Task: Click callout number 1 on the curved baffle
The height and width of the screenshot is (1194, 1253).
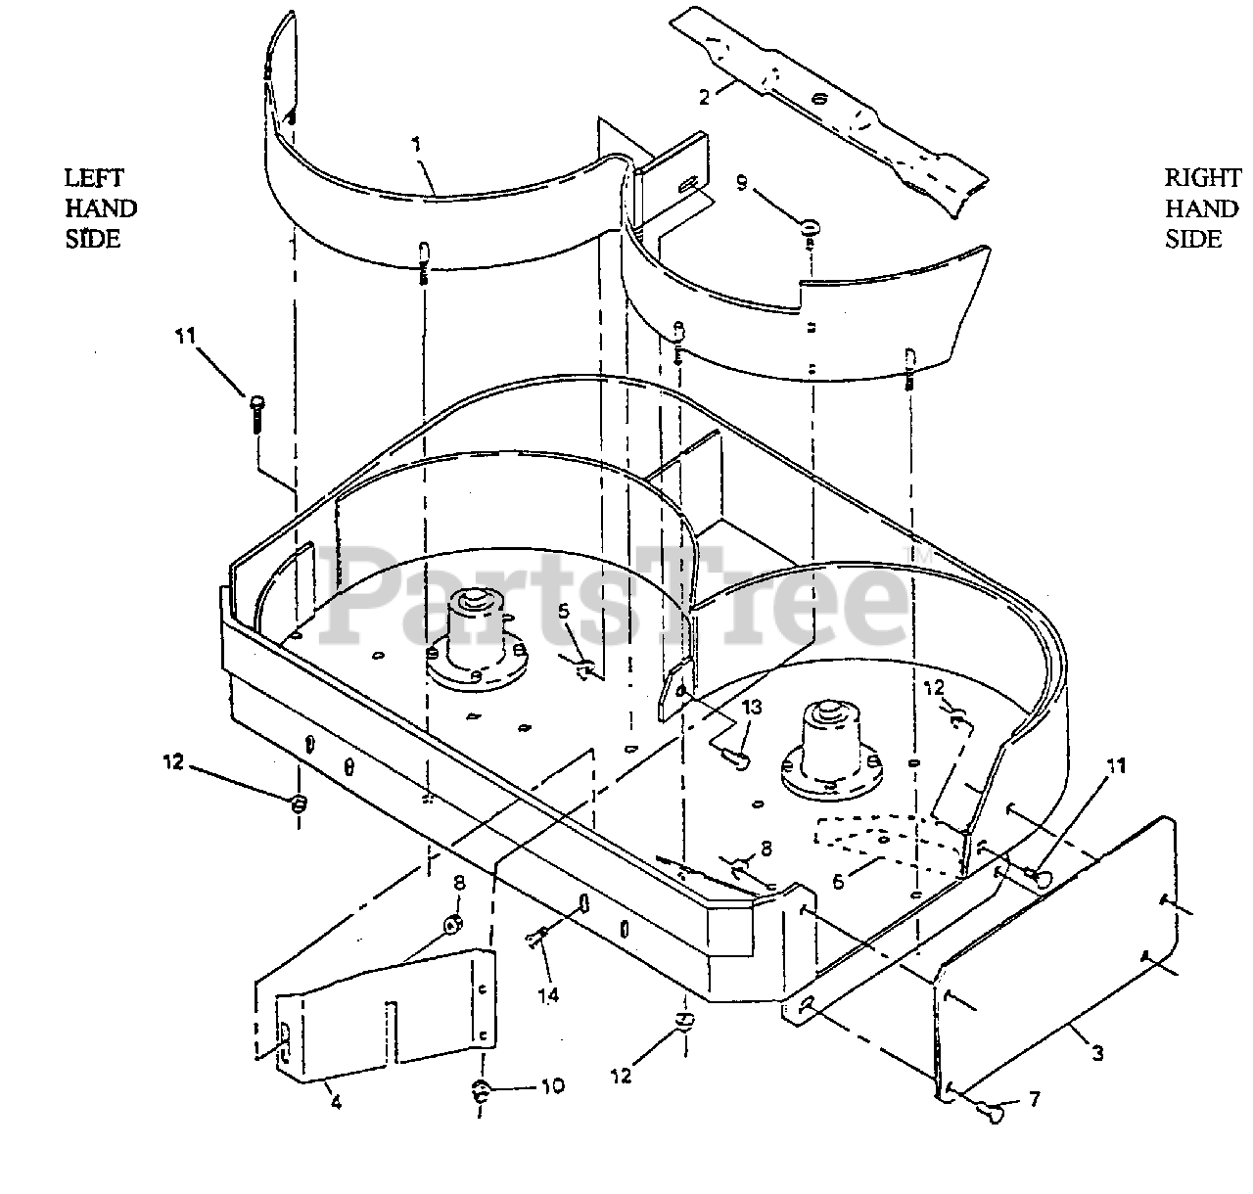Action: click(417, 144)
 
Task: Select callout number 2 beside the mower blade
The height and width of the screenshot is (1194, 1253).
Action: click(704, 97)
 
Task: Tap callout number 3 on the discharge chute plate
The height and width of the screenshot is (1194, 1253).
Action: click(1098, 1053)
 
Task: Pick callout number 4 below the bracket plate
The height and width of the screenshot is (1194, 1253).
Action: click(336, 1102)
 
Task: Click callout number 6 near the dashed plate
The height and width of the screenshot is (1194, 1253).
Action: click(838, 881)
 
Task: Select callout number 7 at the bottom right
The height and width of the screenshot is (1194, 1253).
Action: click(1035, 1100)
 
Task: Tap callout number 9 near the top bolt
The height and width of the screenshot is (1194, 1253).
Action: click(741, 183)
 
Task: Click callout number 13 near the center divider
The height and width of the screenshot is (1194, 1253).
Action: click(751, 707)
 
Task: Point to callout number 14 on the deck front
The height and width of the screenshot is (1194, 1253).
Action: click(548, 994)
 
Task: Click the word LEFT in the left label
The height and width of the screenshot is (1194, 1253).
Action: click(94, 178)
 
